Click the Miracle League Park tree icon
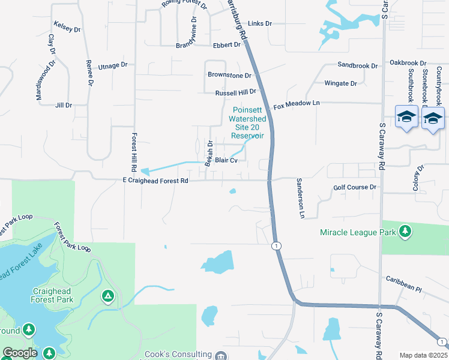click(406, 232)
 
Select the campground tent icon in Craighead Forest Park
click(107, 296)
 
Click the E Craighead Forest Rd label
click(157, 180)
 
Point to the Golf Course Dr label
click(355, 187)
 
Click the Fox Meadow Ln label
click(297, 104)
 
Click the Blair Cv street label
click(227, 160)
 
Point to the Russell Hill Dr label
click(235, 93)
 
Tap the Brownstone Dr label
click(229, 76)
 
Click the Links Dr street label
click(260, 23)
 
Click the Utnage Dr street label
click(113, 65)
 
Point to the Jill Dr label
click(63, 105)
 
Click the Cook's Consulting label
click(178, 355)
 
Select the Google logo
click(20, 353)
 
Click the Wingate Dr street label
click(340, 83)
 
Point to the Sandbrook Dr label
click(358, 65)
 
